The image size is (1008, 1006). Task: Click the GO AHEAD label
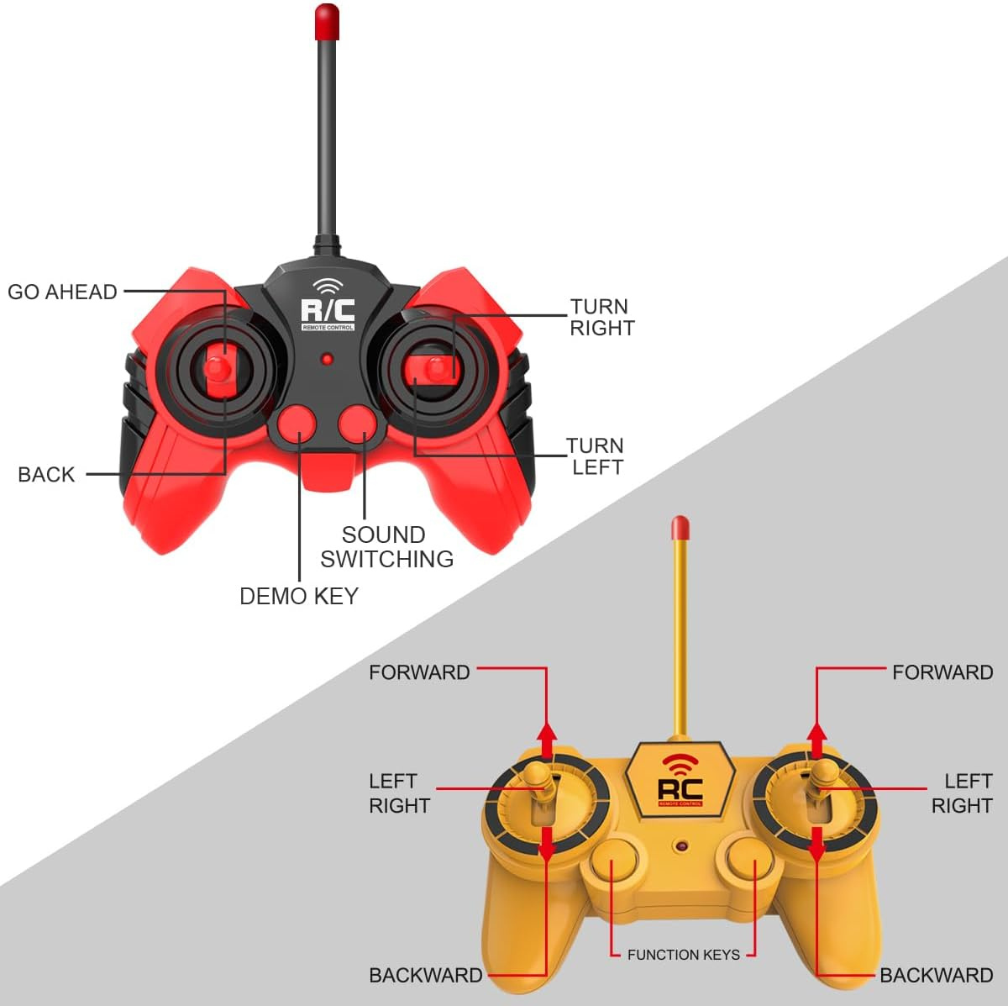click(x=62, y=292)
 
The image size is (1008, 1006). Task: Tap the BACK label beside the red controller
click(x=46, y=474)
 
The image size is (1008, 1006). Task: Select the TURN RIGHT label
click(x=601, y=318)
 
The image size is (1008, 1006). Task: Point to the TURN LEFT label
click(x=596, y=456)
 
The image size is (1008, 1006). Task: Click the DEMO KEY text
click(x=299, y=596)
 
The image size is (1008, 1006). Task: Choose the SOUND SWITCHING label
click(x=386, y=546)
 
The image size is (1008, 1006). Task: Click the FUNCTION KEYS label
click(x=684, y=955)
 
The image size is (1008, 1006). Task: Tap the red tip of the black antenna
click(x=327, y=21)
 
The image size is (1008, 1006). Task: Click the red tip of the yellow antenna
click(x=680, y=529)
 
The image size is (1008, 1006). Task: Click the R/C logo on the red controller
click(x=328, y=312)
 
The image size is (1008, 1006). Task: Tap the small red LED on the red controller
click(x=327, y=360)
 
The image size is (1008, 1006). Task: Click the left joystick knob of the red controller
click(x=218, y=367)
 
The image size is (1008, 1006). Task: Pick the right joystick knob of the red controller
click(x=435, y=367)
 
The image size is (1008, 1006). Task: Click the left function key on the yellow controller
click(x=615, y=863)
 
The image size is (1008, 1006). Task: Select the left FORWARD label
click(x=419, y=672)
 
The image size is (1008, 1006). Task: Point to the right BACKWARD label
click(x=936, y=975)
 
